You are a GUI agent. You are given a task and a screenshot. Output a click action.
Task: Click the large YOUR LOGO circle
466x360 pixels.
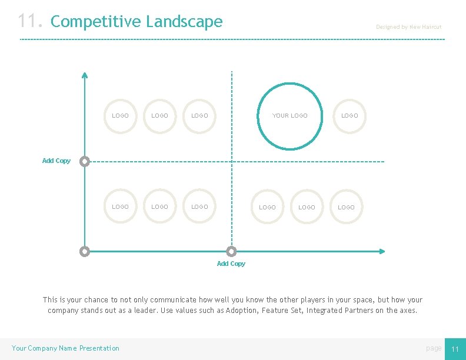[x=289, y=116]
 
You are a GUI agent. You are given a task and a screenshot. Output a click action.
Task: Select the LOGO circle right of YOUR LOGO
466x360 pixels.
[x=349, y=116]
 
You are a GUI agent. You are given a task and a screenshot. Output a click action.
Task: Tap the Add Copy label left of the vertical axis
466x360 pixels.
[x=56, y=161]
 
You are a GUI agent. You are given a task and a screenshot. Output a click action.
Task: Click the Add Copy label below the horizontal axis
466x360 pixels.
[x=231, y=264]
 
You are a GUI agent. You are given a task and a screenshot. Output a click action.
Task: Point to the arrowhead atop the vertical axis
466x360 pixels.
[x=85, y=75]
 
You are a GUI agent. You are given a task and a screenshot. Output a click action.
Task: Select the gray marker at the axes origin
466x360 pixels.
[x=85, y=251]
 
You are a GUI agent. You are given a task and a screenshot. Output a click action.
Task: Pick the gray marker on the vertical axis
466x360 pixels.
[x=85, y=161]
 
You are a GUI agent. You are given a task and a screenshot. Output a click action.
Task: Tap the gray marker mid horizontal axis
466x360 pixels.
[x=231, y=251]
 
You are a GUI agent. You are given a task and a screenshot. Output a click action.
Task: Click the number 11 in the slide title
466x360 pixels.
[x=29, y=22]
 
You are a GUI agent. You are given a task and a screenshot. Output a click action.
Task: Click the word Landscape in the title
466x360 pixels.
[x=184, y=22]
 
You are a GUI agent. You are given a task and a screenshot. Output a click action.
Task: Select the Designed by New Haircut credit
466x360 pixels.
[x=408, y=27]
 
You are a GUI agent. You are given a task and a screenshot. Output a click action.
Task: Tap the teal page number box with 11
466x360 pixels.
[x=454, y=349]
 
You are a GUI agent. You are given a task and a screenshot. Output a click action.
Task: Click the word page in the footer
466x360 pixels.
[x=434, y=348]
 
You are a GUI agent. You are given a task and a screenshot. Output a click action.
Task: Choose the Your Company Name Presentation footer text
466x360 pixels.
[x=65, y=348]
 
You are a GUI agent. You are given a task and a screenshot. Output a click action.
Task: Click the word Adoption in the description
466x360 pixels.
[x=242, y=311]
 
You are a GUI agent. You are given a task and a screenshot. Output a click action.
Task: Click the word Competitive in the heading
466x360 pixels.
[x=96, y=22]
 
